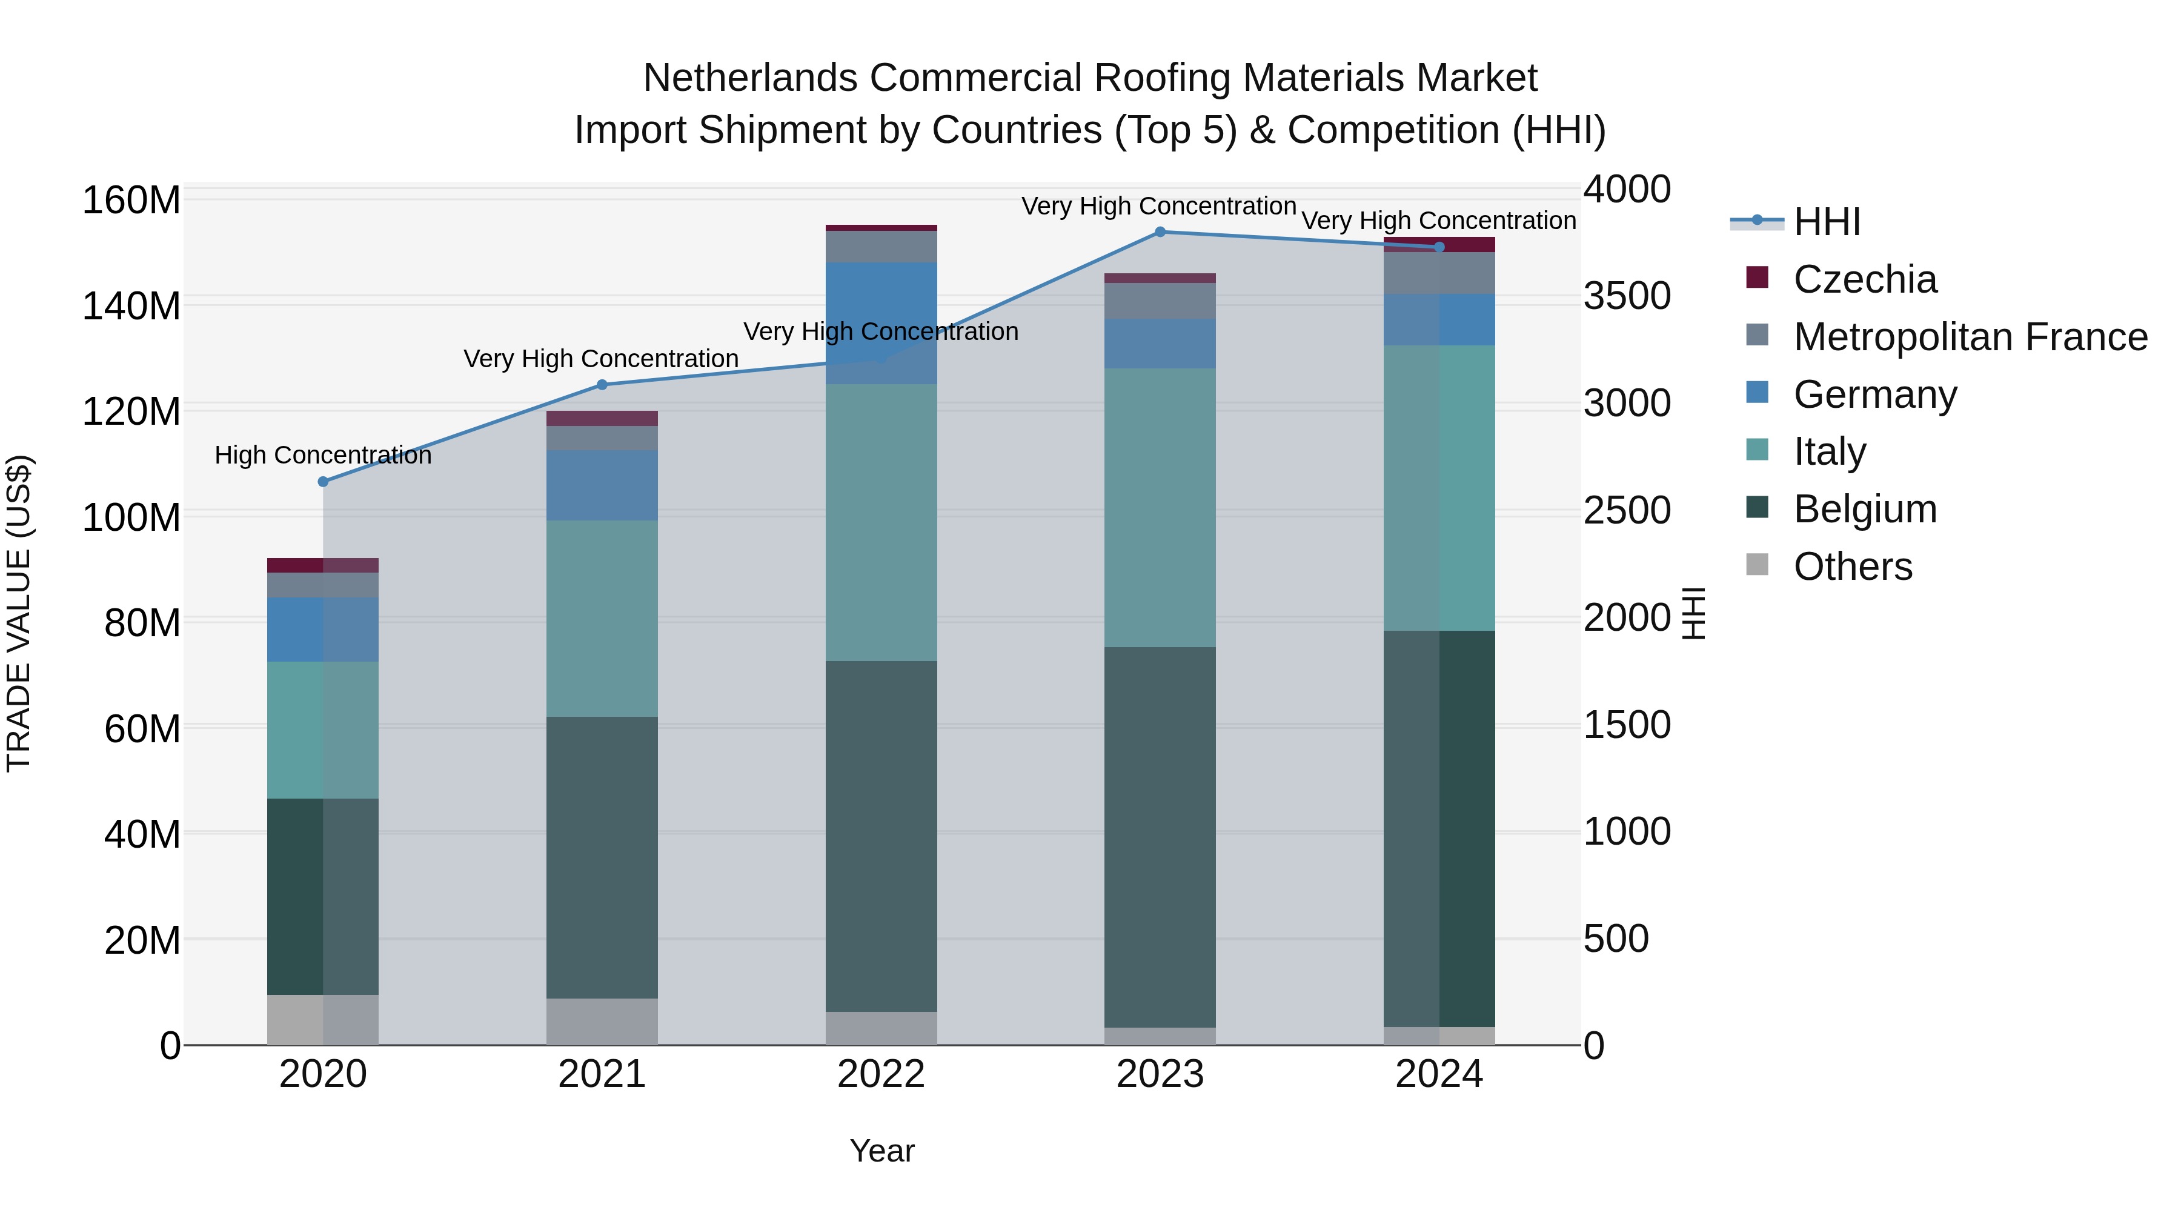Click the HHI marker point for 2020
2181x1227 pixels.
(322, 482)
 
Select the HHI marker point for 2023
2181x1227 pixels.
(1160, 232)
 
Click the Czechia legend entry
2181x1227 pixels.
(1864, 279)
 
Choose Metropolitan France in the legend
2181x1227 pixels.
(1970, 337)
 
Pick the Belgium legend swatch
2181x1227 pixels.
(1757, 508)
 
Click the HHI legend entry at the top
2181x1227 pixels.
(1825, 222)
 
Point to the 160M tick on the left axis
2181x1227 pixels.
(131, 201)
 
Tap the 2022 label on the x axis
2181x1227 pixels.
(880, 1074)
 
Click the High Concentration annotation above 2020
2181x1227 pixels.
(322, 456)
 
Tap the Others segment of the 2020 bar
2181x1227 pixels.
(322, 1020)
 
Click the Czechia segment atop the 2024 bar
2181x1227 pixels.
(1439, 245)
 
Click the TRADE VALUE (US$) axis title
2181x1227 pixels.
(19, 613)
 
